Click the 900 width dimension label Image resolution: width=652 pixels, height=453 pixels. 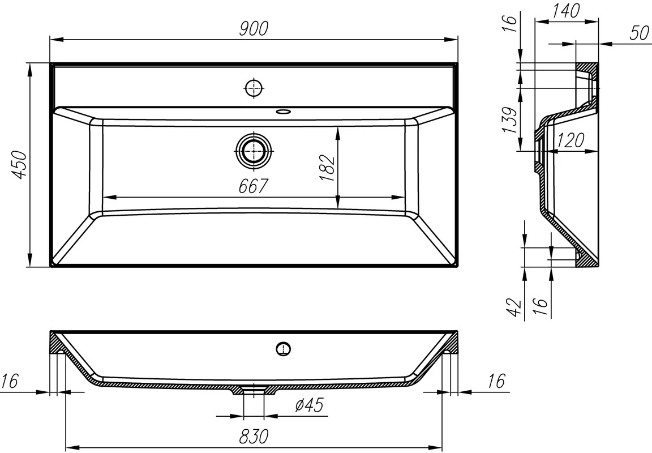[254, 29]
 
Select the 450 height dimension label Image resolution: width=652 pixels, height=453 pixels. [20, 165]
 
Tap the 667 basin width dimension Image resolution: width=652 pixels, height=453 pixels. [252, 186]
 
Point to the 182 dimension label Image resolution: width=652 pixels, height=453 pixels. [327, 168]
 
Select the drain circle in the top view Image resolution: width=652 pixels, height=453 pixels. [253, 151]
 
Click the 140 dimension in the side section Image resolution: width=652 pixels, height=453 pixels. [566, 11]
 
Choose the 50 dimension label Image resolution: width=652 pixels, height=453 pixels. [639, 33]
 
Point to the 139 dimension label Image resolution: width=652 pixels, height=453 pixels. [510, 120]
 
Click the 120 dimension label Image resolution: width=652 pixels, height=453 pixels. [570, 140]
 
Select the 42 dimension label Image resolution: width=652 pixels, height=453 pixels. [516, 306]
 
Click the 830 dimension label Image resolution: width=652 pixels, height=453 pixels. [254, 437]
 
